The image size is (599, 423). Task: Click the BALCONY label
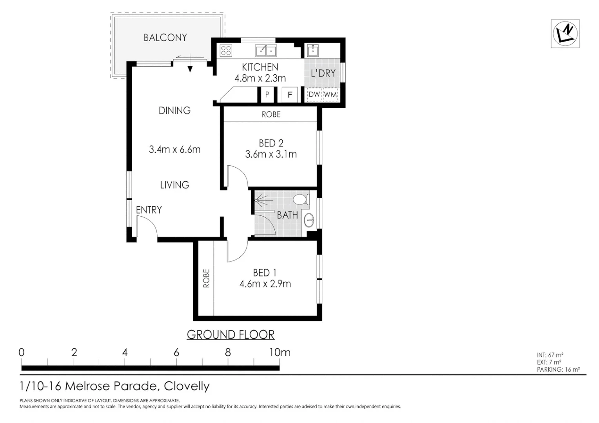165,38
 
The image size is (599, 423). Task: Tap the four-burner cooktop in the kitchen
226,51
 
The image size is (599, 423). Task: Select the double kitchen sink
266,51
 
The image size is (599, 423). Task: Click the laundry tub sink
312,50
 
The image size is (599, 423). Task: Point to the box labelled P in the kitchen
267,94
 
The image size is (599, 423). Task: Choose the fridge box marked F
290,94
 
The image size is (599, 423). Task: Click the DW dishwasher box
314,94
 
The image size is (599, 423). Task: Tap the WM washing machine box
330,94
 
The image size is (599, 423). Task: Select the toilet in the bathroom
301,199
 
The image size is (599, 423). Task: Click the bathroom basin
309,220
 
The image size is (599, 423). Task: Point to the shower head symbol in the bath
261,201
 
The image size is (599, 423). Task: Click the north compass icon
565,34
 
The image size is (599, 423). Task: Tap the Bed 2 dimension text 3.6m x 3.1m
271,154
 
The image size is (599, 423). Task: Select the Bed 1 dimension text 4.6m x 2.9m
265,284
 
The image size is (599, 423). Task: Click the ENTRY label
149,210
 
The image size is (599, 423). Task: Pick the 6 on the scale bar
176,352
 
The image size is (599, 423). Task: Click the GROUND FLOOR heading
231,334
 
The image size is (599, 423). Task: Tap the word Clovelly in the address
187,386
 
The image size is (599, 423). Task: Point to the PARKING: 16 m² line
558,369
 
